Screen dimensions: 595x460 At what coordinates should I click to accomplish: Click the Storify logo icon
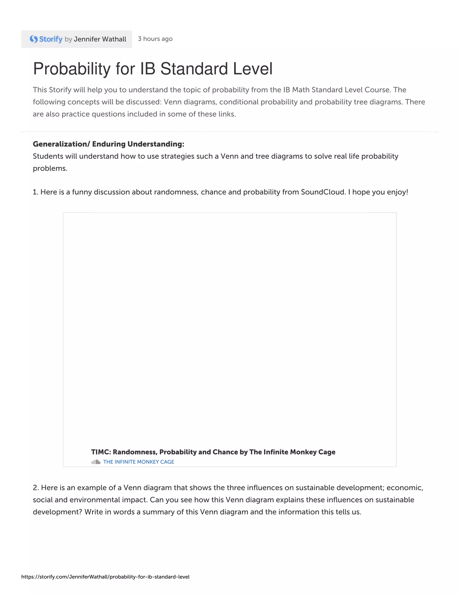click(x=33, y=39)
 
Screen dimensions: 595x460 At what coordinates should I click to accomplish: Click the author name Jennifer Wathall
click(x=100, y=39)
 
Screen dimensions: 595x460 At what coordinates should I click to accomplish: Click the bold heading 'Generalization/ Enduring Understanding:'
click(x=108, y=144)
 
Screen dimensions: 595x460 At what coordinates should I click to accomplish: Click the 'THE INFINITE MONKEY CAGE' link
click(x=138, y=462)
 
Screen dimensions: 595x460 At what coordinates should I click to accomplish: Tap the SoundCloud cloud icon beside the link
click(x=96, y=462)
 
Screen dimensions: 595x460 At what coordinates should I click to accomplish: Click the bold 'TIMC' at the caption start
click(x=101, y=452)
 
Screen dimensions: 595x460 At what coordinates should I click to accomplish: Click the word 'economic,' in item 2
click(x=405, y=488)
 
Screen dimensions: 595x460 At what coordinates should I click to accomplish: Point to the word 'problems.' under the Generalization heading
click(x=50, y=168)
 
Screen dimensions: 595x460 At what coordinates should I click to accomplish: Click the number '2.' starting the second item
click(x=36, y=488)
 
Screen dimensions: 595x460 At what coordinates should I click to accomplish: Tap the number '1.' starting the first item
click(x=35, y=192)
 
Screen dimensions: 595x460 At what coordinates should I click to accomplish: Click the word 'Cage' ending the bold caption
click(x=327, y=452)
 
